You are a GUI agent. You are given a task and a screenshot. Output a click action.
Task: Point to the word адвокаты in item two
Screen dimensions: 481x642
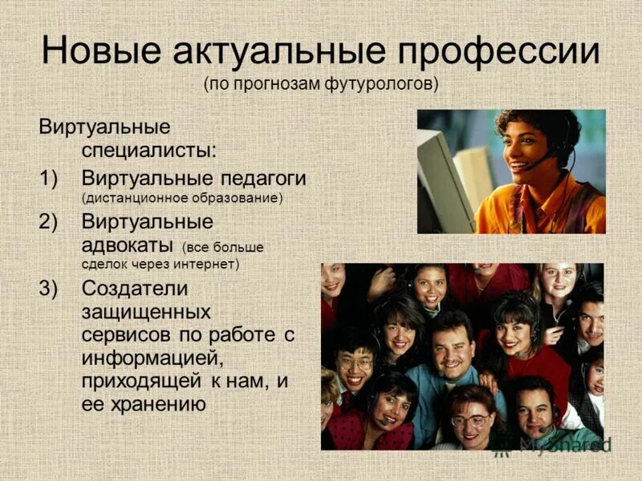[x=128, y=244]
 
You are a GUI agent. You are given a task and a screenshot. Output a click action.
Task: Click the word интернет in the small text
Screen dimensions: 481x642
[x=210, y=263]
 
